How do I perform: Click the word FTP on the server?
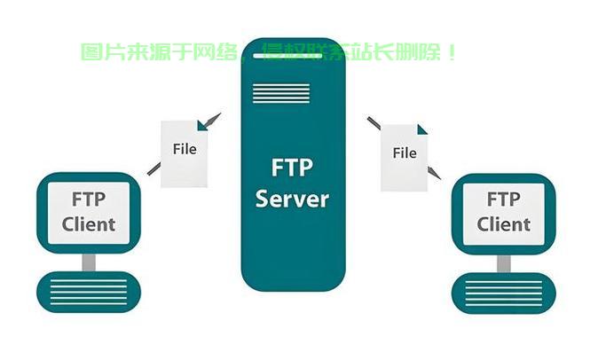[x=292, y=167]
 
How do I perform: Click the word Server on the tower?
[x=292, y=199]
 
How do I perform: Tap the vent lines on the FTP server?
[x=281, y=93]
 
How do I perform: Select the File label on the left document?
[x=185, y=149]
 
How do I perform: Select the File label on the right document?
[x=405, y=153]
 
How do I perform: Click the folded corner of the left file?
[x=201, y=125]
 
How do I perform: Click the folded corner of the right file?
[x=422, y=129]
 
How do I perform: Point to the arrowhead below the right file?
[x=434, y=173]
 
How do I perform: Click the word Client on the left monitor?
[x=89, y=224]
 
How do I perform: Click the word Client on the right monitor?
[x=503, y=224]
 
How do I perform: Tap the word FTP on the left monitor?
[x=89, y=200]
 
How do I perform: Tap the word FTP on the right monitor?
[x=503, y=200]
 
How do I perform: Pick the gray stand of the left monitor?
[x=89, y=262]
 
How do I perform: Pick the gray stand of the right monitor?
[x=504, y=263]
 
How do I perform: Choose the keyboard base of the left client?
[x=89, y=292]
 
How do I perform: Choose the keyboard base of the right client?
[x=504, y=293]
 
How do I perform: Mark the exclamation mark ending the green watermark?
[x=452, y=52]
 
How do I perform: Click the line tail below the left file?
[x=153, y=168]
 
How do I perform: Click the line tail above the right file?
[x=374, y=123]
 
